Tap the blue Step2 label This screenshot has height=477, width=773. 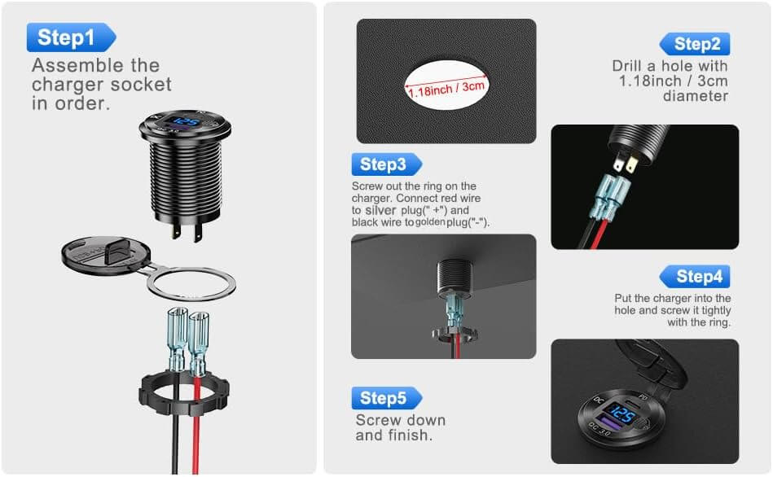pyautogui.click(x=695, y=44)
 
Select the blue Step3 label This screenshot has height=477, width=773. pyautogui.click(x=384, y=164)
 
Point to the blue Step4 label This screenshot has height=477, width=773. pyautogui.click(x=696, y=277)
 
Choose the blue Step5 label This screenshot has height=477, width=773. pyautogui.click(x=384, y=398)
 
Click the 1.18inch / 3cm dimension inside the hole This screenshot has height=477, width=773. pyautogui.click(x=446, y=87)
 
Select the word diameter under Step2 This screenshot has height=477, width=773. pyautogui.click(x=695, y=96)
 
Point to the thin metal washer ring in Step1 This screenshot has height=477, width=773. pyautogui.click(x=191, y=284)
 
